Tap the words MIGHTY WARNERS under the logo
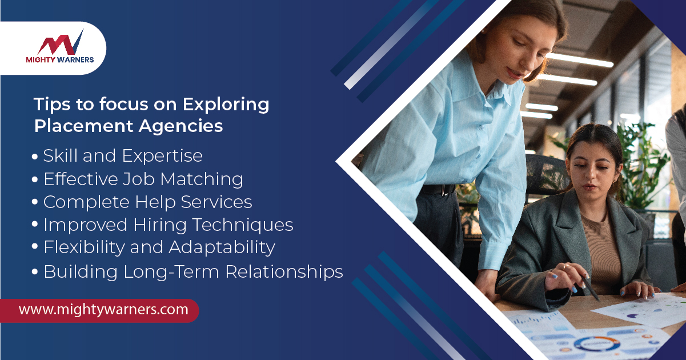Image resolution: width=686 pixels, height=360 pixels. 60,60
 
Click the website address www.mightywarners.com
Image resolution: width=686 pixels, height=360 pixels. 103,310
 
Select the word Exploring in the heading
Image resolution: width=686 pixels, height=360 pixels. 226,105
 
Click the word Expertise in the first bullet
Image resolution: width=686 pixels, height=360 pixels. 162,156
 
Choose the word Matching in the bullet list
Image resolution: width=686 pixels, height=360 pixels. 202,179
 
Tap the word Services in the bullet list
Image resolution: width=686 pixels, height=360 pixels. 216,202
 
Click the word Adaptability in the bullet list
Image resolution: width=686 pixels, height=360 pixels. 222,248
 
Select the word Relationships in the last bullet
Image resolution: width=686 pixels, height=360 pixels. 284,272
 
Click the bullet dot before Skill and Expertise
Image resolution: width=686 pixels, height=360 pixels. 35,157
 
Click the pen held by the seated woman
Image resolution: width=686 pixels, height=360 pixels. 590,289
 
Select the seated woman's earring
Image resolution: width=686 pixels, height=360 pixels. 615,181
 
